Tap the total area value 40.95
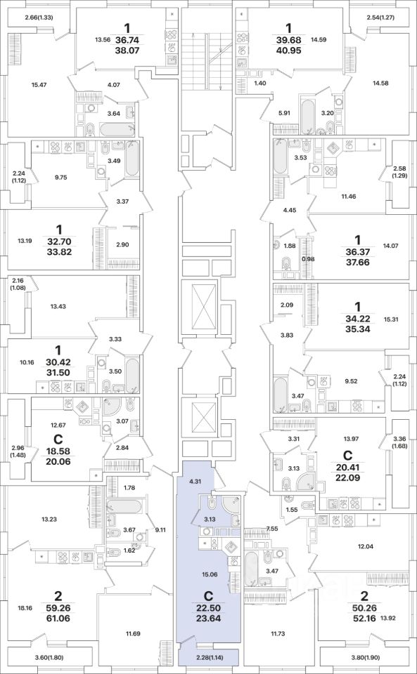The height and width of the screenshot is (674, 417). (289, 49)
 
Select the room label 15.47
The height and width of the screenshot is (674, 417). (39, 85)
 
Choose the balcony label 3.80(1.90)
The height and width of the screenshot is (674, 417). (364, 656)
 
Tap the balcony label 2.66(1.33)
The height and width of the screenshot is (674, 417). (39, 18)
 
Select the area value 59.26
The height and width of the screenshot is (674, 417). (58, 609)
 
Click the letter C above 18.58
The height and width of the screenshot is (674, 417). (57, 440)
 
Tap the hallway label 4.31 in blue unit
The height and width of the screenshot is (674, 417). (195, 482)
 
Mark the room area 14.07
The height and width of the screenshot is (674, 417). (390, 246)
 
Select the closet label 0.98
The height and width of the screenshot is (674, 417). (309, 259)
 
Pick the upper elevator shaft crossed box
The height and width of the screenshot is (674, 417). (200, 306)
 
